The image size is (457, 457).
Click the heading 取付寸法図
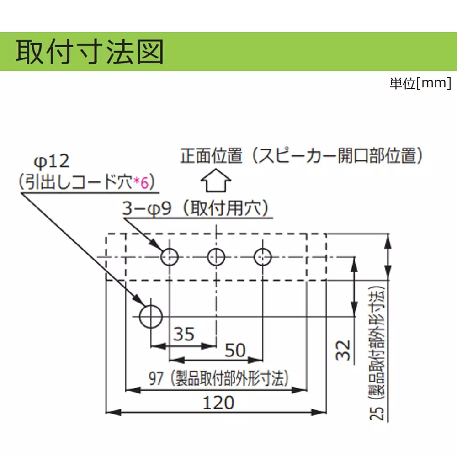coord(90,52)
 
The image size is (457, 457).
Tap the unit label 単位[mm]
coord(420,83)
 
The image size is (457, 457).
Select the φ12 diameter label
coord(52,162)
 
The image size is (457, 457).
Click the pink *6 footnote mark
coord(141,183)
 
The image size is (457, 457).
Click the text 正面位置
coord(211,156)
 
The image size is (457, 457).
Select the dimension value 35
coord(184,334)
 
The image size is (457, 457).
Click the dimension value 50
coord(235,350)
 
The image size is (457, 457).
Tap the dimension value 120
coord(218,403)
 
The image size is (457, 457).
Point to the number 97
coord(156,378)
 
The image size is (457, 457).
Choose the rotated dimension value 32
coord(343,350)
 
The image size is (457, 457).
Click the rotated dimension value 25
coord(377,413)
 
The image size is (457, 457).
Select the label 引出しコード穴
coord(79,182)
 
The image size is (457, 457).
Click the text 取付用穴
coord(224,208)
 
